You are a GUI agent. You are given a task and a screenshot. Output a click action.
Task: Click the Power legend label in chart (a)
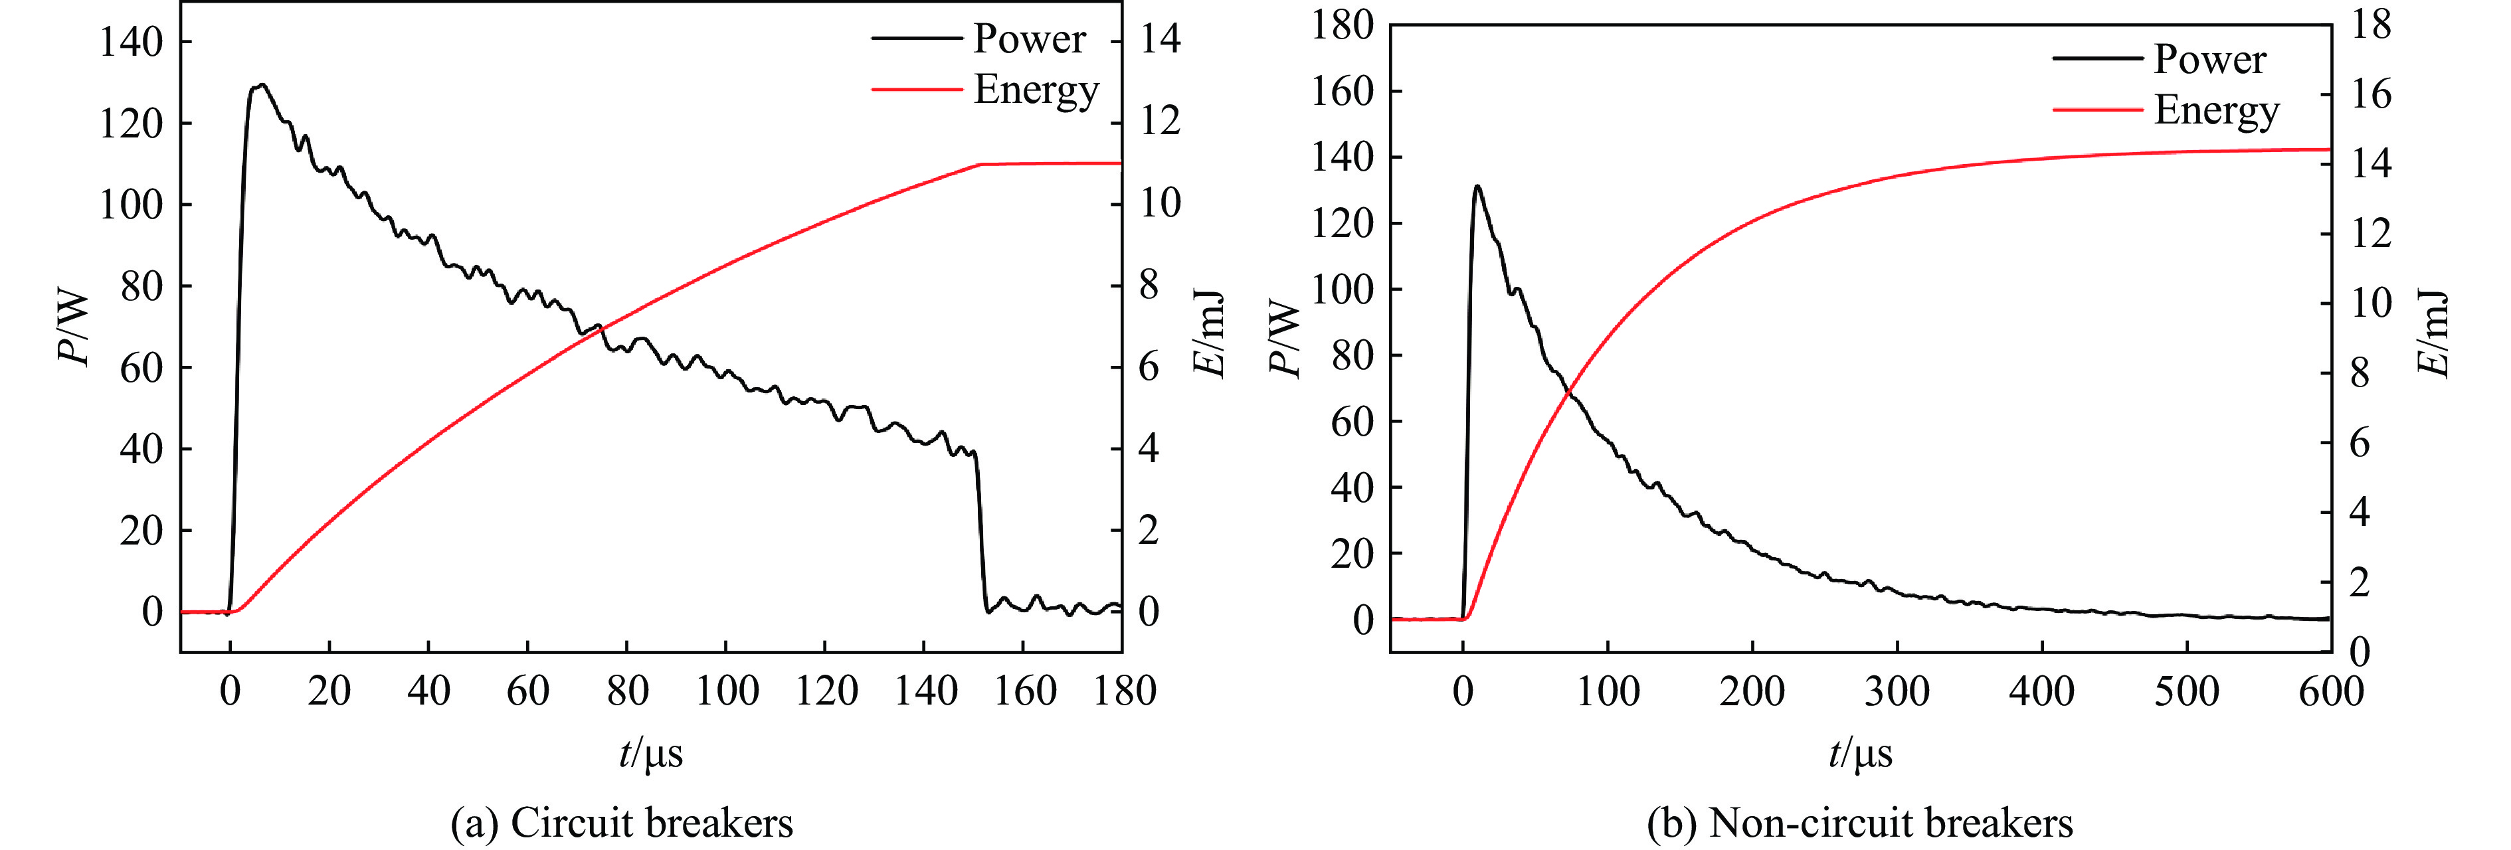tap(1030, 39)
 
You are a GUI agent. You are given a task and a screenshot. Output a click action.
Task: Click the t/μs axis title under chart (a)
tap(650, 752)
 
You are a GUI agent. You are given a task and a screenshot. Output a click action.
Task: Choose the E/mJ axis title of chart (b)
tap(2434, 333)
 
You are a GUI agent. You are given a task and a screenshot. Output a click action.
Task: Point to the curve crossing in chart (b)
tap(1568, 392)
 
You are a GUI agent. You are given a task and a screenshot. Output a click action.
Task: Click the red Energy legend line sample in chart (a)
tap(916, 89)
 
